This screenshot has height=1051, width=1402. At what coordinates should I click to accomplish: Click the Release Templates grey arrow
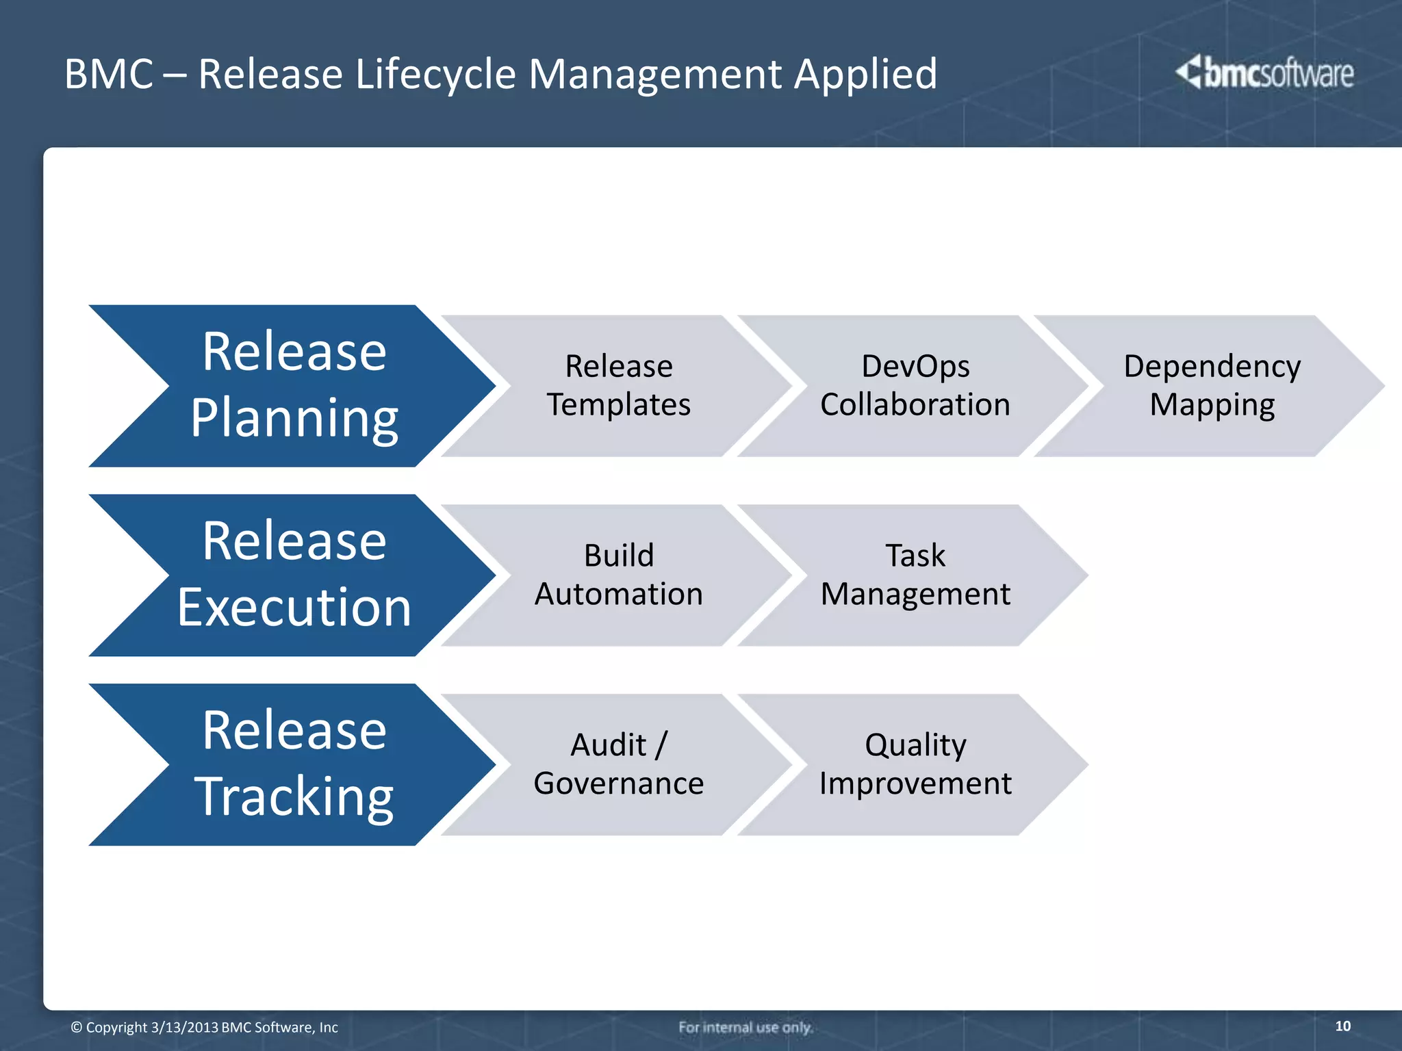[618, 385]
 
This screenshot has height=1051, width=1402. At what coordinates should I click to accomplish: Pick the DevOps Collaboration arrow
[915, 385]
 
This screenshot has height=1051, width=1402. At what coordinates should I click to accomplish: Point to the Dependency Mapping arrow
[1212, 385]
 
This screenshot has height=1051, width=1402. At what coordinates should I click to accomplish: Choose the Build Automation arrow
[618, 575]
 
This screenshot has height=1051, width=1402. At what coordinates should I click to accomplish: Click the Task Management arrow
[915, 575]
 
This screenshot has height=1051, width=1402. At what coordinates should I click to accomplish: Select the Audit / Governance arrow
[618, 764]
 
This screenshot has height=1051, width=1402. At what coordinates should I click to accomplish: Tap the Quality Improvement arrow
[915, 764]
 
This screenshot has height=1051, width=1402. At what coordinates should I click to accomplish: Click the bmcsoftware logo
[1264, 73]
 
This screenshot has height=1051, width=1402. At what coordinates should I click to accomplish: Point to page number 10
[1342, 1026]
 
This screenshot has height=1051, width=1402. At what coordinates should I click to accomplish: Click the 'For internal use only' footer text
[745, 1027]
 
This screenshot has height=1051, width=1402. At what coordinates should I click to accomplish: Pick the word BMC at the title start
[108, 74]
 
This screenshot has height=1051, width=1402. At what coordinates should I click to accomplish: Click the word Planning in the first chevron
[294, 418]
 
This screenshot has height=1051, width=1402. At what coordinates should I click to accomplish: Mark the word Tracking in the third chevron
[294, 796]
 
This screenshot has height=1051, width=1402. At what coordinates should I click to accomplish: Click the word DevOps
[915, 367]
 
